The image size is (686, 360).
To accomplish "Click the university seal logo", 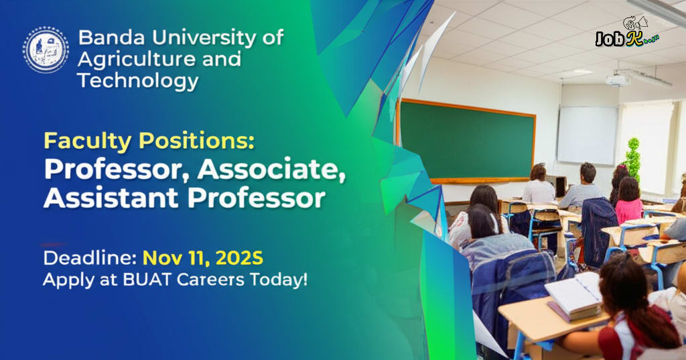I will coord(46,50).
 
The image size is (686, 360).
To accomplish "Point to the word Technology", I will coord(137,81).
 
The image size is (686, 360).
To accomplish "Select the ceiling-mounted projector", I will coord(617,80).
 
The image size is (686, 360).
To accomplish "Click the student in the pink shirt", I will coord(630,202).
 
